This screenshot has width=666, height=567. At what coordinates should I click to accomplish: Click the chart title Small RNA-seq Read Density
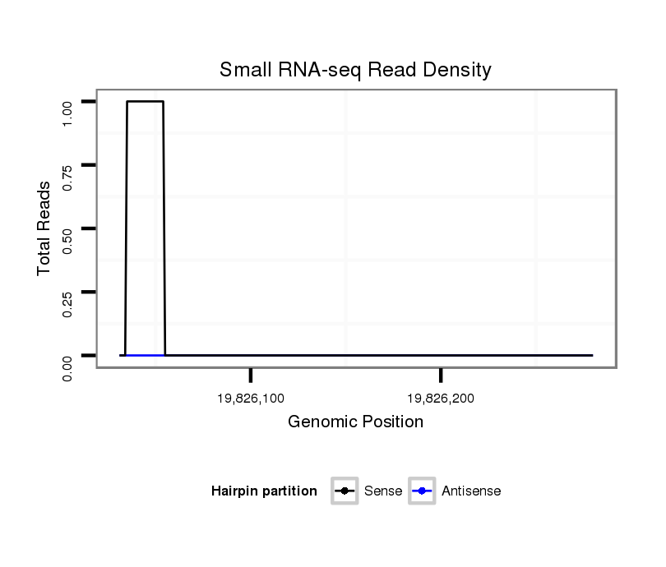355,70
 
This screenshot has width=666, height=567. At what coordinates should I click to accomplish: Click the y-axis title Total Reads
44,228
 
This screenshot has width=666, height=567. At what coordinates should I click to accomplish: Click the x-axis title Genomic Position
355,422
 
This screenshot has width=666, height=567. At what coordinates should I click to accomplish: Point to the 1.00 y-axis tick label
68,113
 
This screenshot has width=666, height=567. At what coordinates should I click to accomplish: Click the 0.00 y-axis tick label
68,366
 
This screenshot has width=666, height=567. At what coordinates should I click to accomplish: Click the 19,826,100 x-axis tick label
251,399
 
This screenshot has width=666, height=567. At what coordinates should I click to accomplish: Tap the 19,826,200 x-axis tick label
441,399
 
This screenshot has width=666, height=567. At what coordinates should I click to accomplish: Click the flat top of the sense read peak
146,101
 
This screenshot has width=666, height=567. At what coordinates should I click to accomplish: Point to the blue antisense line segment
145,355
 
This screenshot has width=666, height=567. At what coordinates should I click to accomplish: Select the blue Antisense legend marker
421,491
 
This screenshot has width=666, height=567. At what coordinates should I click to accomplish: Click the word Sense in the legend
382,491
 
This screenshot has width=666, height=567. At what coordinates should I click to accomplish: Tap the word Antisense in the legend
471,491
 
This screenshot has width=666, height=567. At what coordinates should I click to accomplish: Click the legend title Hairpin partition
264,491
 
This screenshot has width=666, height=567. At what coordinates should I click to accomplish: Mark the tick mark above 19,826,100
251,376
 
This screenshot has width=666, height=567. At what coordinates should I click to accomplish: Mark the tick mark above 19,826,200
441,376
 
